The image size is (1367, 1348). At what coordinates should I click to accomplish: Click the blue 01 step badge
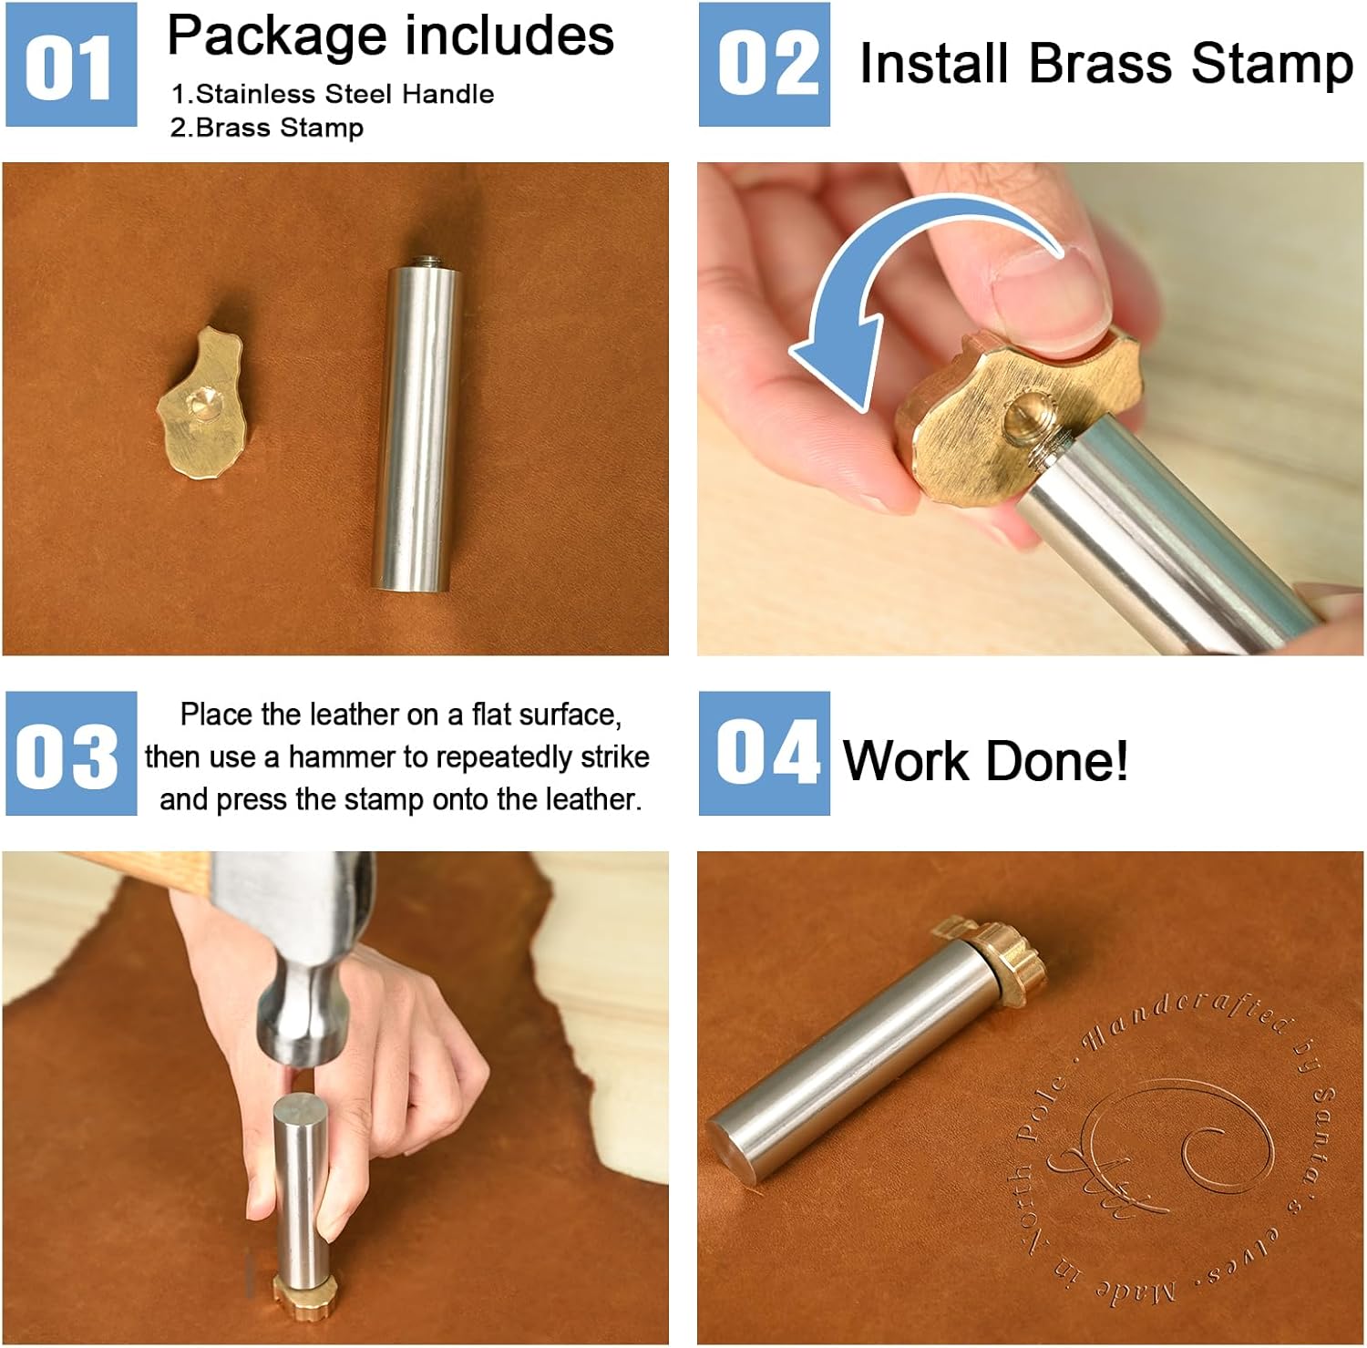coord(71,64)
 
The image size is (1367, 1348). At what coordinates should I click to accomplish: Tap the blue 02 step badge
coord(765,64)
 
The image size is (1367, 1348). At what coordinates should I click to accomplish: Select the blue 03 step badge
coord(71,753)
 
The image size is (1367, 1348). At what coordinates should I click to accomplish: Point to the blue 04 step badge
coord(765,753)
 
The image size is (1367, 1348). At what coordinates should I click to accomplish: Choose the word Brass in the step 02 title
coord(1100,64)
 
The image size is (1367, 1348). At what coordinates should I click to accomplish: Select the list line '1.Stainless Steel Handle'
coord(333,94)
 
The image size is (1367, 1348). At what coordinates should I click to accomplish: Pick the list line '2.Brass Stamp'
coord(267,128)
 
